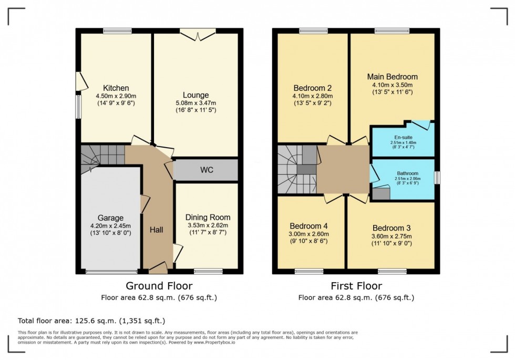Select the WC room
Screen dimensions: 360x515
[x=206, y=170]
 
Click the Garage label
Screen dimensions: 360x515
[x=110, y=218]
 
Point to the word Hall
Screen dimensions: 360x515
[x=157, y=230]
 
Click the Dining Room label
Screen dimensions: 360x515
[x=208, y=217]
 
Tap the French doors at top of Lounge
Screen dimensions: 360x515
[x=198, y=33]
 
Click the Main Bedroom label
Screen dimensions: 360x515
[x=392, y=77]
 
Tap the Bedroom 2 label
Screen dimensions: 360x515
[x=312, y=88]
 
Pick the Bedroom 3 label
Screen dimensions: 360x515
[x=392, y=228]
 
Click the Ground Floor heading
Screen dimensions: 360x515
[x=159, y=286]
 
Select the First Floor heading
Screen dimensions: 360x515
[x=356, y=286]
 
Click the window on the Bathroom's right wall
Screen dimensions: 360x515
[x=437, y=178]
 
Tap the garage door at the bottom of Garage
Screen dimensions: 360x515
[x=110, y=272]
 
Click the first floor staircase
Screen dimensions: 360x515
[x=297, y=169]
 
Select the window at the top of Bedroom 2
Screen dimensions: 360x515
[x=313, y=31]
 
